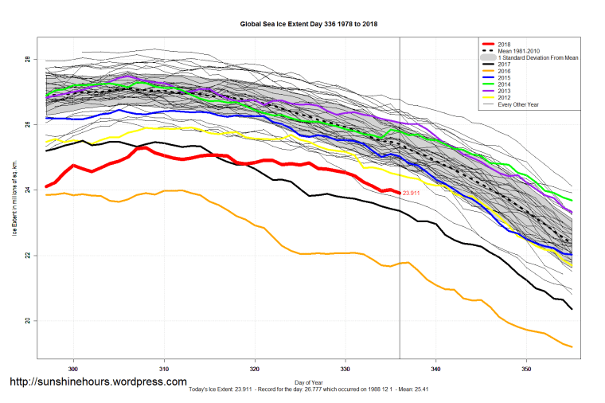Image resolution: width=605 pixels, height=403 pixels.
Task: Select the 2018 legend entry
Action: [x=503, y=43]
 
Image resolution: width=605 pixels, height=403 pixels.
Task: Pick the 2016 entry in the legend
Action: [x=503, y=72]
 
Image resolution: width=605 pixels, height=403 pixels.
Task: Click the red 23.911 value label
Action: [x=412, y=194]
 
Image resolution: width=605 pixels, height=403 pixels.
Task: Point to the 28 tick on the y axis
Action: [x=26, y=60]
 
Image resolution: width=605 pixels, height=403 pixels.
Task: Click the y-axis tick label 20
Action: [x=26, y=321]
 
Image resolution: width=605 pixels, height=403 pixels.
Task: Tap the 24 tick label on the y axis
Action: [x=26, y=190]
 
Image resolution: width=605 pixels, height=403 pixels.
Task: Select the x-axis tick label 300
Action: [x=73, y=369]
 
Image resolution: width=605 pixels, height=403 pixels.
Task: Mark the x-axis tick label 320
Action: [x=255, y=369]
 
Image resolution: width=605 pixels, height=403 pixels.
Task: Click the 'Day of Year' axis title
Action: [x=308, y=382]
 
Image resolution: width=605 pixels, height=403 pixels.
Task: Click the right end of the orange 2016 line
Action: [x=572, y=346]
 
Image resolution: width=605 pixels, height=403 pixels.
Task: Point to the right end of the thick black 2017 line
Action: [x=572, y=309]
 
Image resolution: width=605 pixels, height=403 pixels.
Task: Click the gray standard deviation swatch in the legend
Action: [x=486, y=57]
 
